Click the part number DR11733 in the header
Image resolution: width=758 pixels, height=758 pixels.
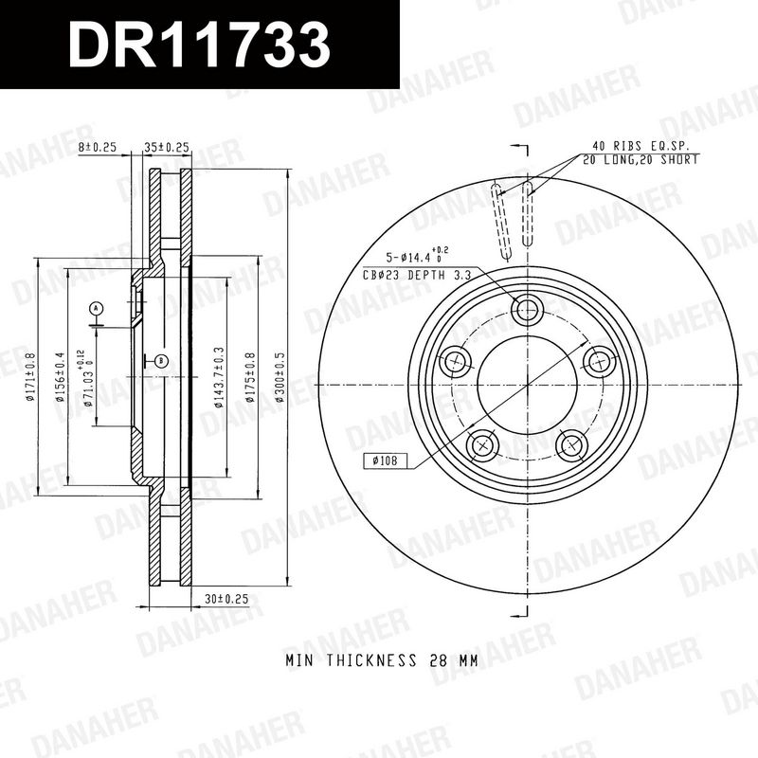(x=199, y=45)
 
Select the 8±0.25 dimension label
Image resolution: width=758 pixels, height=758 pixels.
(x=98, y=147)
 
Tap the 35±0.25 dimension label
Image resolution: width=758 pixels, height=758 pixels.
(x=167, y=147)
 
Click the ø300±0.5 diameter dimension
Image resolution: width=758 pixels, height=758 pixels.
(x=280, y=377)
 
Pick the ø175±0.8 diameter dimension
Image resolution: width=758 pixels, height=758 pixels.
(x=250, y=377)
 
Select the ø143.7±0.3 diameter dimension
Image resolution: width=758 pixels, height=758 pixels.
(x=219, y=377)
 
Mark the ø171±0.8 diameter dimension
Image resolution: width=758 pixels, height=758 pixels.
(x=30, y=377)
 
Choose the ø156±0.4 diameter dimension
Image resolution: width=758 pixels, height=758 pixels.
(x=60, y=377)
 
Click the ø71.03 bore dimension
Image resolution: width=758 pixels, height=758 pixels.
(x=88, y=378)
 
